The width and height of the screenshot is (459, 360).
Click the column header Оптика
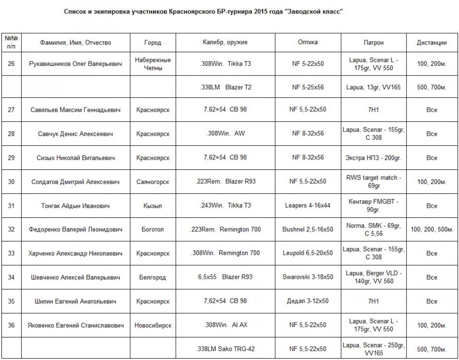click(x=308, y=42)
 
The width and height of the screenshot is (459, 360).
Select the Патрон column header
click(x=374, y=43)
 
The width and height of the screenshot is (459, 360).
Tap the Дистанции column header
click(x=432, y=43)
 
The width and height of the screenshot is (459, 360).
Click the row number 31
click(x=11, y=206)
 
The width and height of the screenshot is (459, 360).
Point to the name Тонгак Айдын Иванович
click(x=75, y=206)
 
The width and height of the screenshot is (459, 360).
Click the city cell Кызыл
click(x=153, y=206)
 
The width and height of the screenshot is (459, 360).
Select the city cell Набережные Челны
click(x=153, y=64)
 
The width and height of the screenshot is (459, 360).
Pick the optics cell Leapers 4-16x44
click(x=308, y=206)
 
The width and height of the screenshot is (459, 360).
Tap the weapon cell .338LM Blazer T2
click(x=225, y=87)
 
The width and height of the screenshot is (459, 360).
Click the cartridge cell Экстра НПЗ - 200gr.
click(x=374, y=158)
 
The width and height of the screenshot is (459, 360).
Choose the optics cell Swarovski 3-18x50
click(x=308, y=277)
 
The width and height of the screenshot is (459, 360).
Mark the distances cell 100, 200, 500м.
click(x=432, y=230)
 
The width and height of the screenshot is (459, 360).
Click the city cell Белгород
click(x=153, y=277)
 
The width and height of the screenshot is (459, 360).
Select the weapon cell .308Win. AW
click(x=225, y=134)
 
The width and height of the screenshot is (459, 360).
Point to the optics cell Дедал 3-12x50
click(x=308, y=301)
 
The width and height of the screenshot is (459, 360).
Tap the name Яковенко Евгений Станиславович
click(x=75, y=325)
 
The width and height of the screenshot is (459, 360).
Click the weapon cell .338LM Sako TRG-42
click(x=225, y=349)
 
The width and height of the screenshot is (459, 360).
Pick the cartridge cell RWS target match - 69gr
click(x=374, y=181)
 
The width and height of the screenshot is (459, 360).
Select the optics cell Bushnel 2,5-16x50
click(x=308, y=230)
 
